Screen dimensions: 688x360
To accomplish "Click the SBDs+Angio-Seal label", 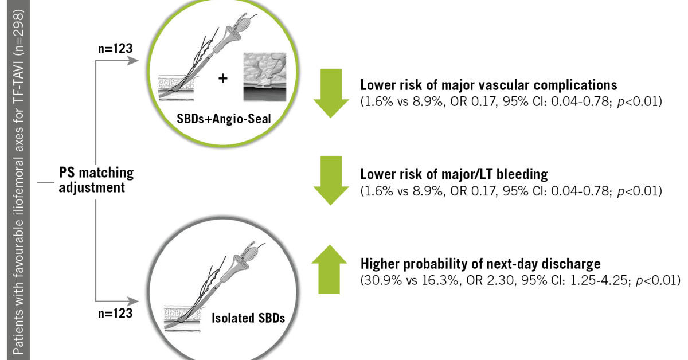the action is (x=224, y=119).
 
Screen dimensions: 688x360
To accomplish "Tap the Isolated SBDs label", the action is (x=248, y=318).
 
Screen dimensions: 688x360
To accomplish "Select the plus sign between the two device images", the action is (x=223, y=79).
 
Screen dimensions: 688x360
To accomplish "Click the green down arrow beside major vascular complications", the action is (x=331, y=93).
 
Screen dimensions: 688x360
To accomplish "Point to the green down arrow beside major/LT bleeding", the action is (x=331, y=181).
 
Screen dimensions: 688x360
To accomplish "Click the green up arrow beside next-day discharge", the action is (x=329, y=269).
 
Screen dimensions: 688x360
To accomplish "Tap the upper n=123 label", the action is (x=115, y=49).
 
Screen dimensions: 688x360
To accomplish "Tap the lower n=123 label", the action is (x=115, y=314).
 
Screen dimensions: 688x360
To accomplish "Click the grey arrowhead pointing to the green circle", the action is (x=133, y=61).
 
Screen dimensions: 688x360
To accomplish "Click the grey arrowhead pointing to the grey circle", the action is (x=133, y=301).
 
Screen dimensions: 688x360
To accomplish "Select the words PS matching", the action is (x=96, y=173).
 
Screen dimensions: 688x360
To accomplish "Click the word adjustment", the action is (x=92, y=187).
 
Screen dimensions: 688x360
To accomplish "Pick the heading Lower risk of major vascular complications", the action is (x=488, y=85).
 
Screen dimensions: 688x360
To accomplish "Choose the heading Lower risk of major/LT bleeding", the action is (x=454, y=174).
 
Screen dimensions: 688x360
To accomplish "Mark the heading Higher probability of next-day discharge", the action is (x=480, y=264).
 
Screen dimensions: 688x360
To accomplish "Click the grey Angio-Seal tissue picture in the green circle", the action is (x=265, y=77).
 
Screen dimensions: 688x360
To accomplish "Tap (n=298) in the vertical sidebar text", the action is (x=18, y=33).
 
